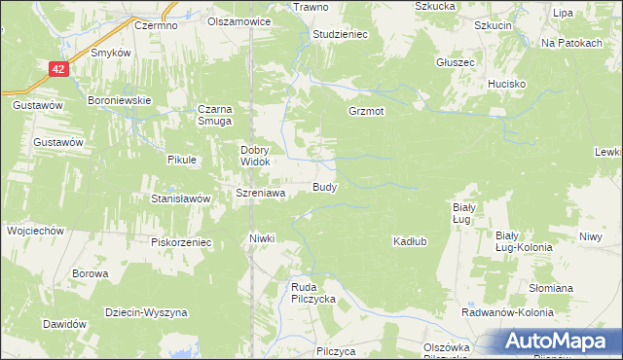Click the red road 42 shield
coord(59,69)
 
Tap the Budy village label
coord(324,186)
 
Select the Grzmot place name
coord(366,111)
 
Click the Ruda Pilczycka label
coord(313,293)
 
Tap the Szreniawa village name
coord(260,193)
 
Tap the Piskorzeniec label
coord(182,241)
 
